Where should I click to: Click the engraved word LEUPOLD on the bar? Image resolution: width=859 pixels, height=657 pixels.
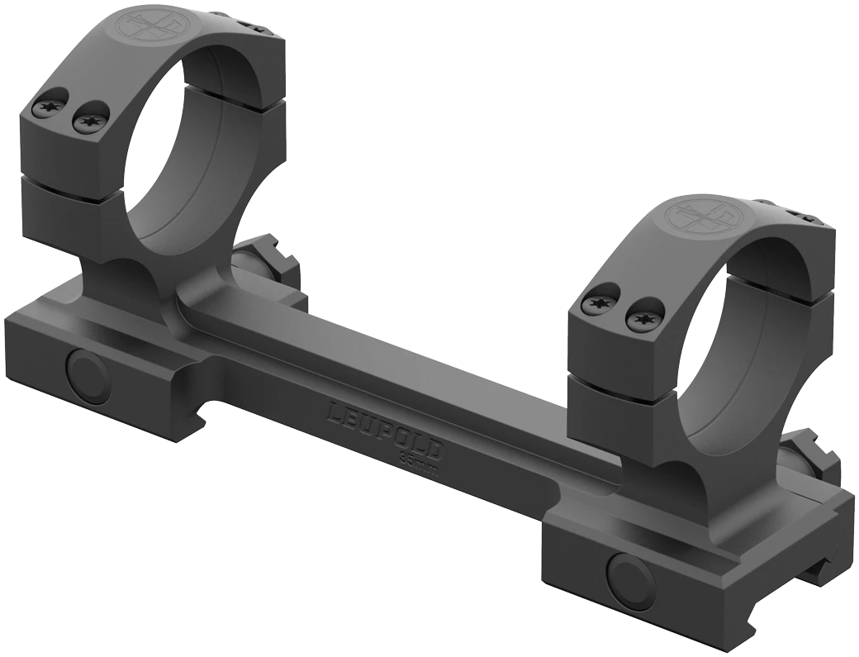[387, 429]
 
